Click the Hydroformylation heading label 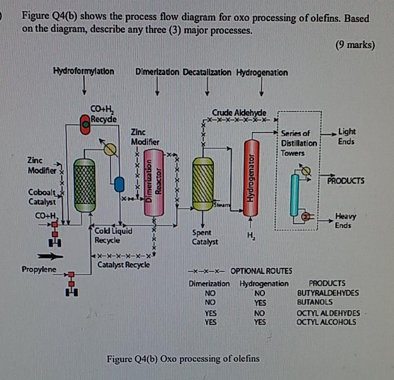pyautogui.click(x=84, y=72)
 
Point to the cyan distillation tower pyautogui.click(x=295, y=194)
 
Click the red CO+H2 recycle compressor pyautogui.click(x=85, y=124)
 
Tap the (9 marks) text pyautogui.click(x=354, y=45)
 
